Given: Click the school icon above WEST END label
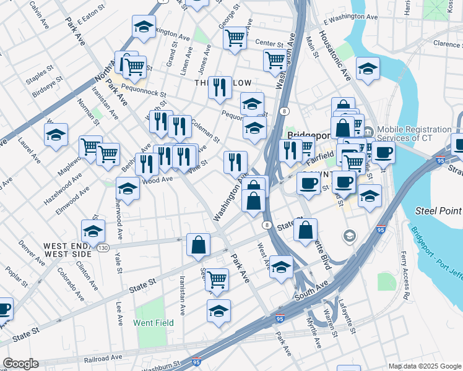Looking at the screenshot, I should (93, 231).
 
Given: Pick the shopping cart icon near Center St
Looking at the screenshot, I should (235, 38).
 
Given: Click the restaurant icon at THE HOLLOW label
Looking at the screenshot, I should (220, 88).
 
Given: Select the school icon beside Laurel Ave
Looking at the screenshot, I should (56, 134).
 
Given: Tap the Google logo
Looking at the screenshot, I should (20, 364).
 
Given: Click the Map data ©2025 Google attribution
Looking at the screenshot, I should (424, 366).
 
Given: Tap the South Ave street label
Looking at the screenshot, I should (314, 288).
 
